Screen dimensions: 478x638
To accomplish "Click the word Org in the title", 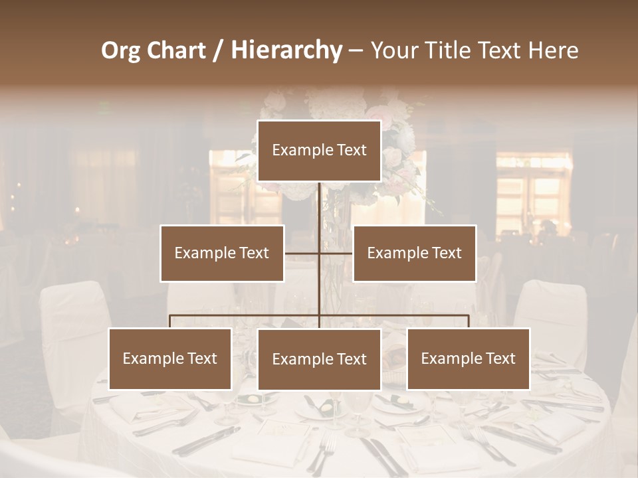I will click(x=121, y=50).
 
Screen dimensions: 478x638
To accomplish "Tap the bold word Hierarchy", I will click(x=286, y=50).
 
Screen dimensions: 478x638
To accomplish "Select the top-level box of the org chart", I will click(x=319, y=151).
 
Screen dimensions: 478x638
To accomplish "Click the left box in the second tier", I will click(x=222, y=253).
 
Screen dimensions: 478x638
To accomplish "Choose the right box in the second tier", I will click(x=415, y=253).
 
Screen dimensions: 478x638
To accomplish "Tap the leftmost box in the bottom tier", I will click(x=170, y=358).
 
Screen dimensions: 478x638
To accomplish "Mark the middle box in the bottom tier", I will click(x=319, y=359).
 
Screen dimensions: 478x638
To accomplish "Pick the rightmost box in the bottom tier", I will click(x=469, y=358).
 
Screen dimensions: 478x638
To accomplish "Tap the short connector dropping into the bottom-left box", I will click(x=170, y=321).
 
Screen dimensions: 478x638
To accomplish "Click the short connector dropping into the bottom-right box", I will click(x=469, y=321).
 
